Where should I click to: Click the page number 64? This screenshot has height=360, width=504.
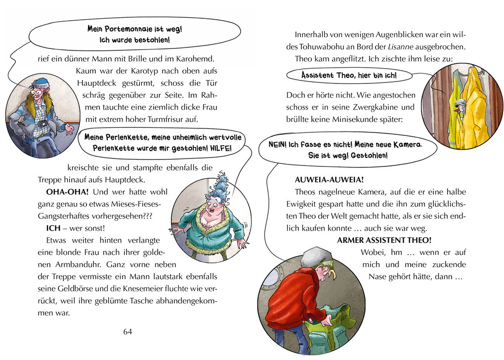tap(127, 331)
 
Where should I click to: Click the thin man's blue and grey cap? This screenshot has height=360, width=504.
tap(40, 83)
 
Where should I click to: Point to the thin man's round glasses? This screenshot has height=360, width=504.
tap(36, 92)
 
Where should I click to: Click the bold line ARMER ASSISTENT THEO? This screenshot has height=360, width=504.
tap(384, 240)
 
